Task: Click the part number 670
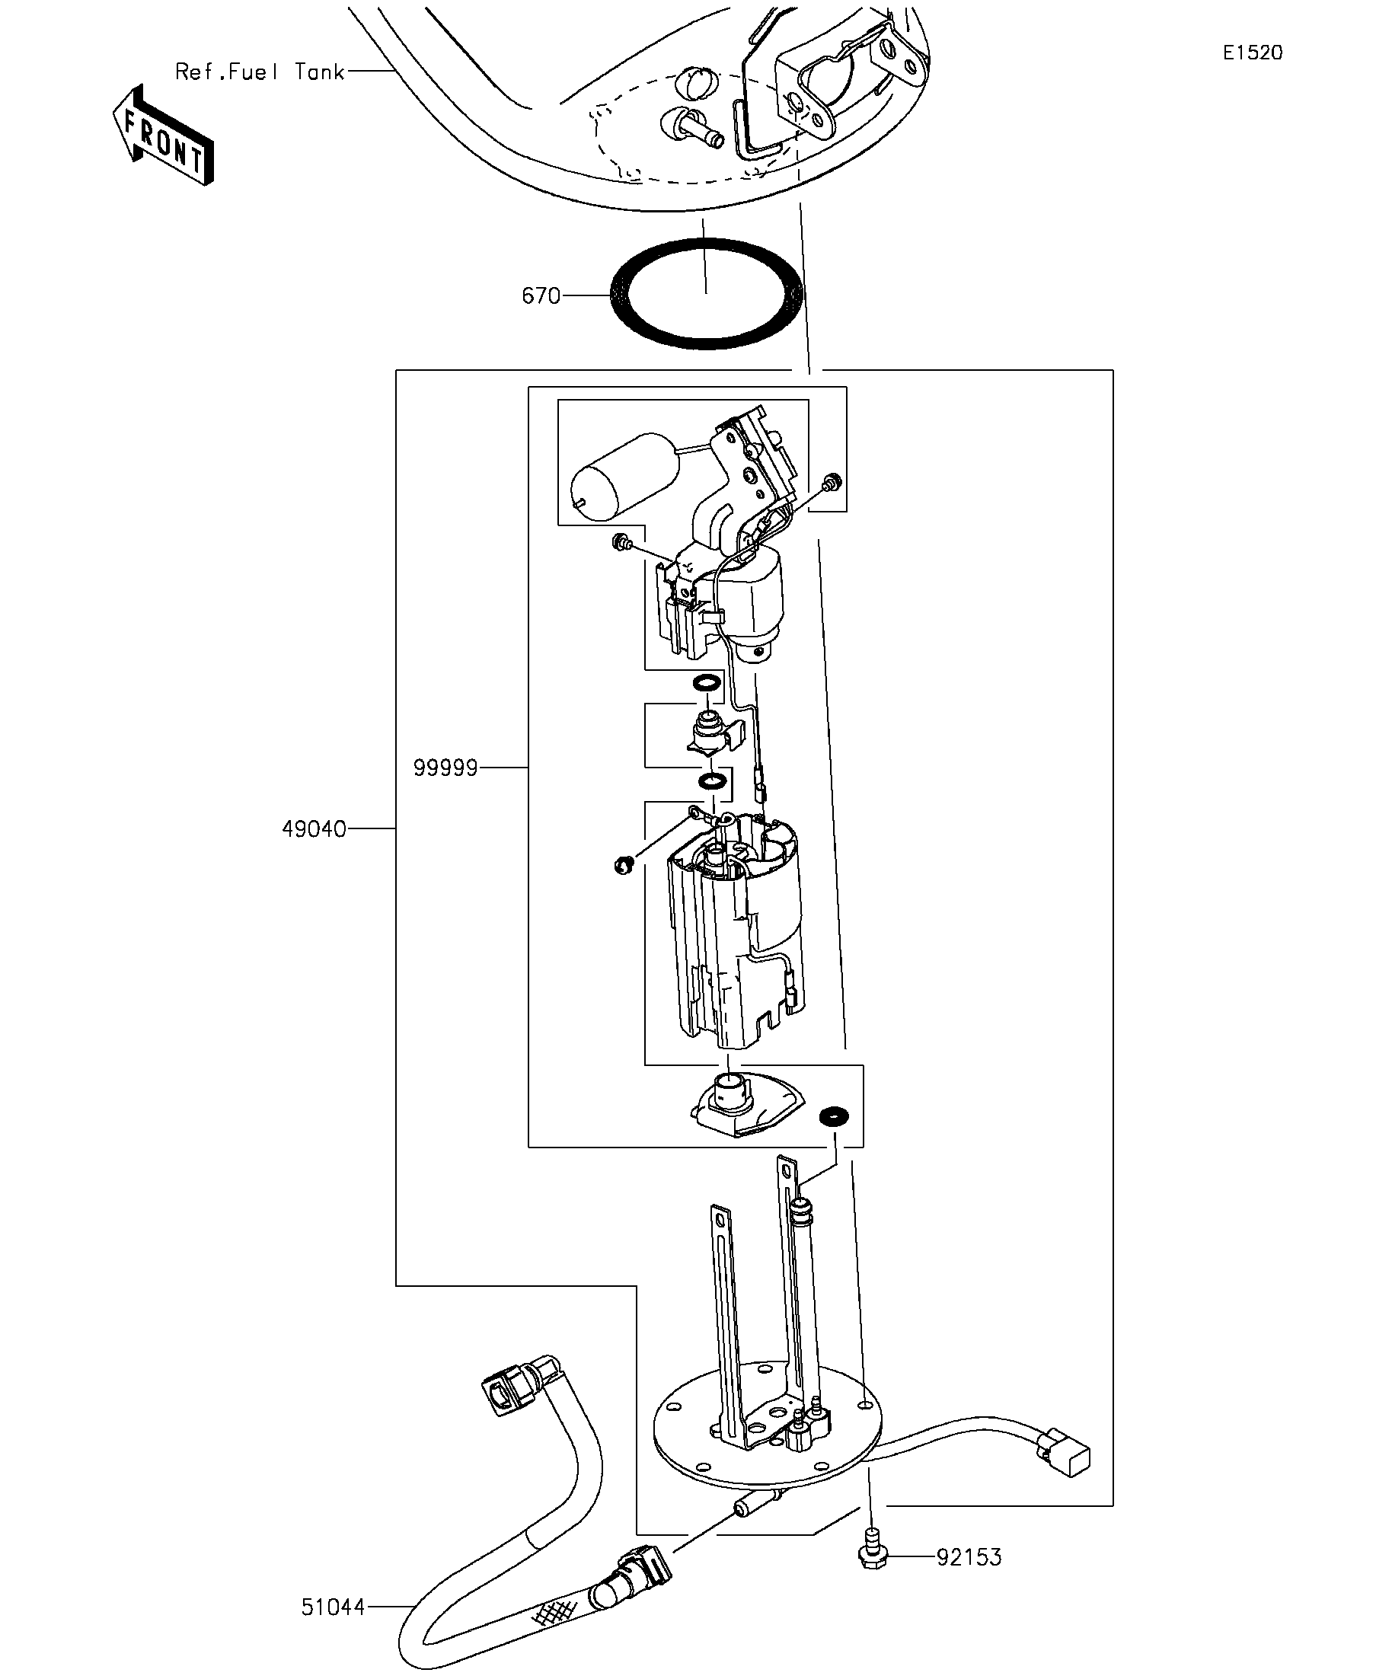pos(541,295)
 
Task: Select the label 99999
pos(445,768)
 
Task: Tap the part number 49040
pos(314,829)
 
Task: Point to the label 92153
pos(969,1556)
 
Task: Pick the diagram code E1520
pos(1253,53)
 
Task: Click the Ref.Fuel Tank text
pos(260,72)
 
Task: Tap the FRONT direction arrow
pos(164,135)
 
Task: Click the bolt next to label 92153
pos(873,1549)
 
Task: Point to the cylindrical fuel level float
pos(623,477)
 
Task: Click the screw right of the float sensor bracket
pos(832,481)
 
